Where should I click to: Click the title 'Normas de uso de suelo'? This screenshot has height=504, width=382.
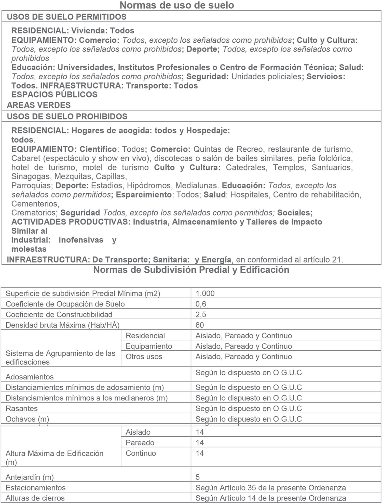point(177,5)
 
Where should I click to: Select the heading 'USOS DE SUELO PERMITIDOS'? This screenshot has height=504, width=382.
point(66,17)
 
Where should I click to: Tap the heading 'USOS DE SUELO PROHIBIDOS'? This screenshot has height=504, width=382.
point(67,116)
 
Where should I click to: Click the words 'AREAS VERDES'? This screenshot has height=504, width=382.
point(39,105)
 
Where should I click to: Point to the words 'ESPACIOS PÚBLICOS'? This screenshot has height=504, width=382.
point(54,94)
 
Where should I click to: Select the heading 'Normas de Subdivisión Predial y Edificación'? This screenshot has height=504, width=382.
point(191,270)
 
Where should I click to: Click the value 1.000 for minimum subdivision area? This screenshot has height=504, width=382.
point(205,293)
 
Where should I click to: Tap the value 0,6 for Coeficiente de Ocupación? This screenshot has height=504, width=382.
point(201,304)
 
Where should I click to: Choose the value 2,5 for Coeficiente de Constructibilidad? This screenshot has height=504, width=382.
point(201,314)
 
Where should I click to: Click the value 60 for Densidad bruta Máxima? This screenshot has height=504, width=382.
point(200,325)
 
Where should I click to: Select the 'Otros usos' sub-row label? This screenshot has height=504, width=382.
point(144,357)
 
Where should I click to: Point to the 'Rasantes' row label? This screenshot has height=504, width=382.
point(22,408)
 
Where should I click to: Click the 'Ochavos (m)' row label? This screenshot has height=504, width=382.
point(27,419)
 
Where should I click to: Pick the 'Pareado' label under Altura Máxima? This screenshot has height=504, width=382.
point(140,442)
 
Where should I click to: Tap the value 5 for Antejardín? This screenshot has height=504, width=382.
point(198,477)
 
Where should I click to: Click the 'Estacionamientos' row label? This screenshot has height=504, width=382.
point(36,488)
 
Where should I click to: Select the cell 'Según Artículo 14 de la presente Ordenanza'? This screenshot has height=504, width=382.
point(270,498)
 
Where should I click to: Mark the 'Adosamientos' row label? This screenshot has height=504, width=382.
point(30,377)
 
